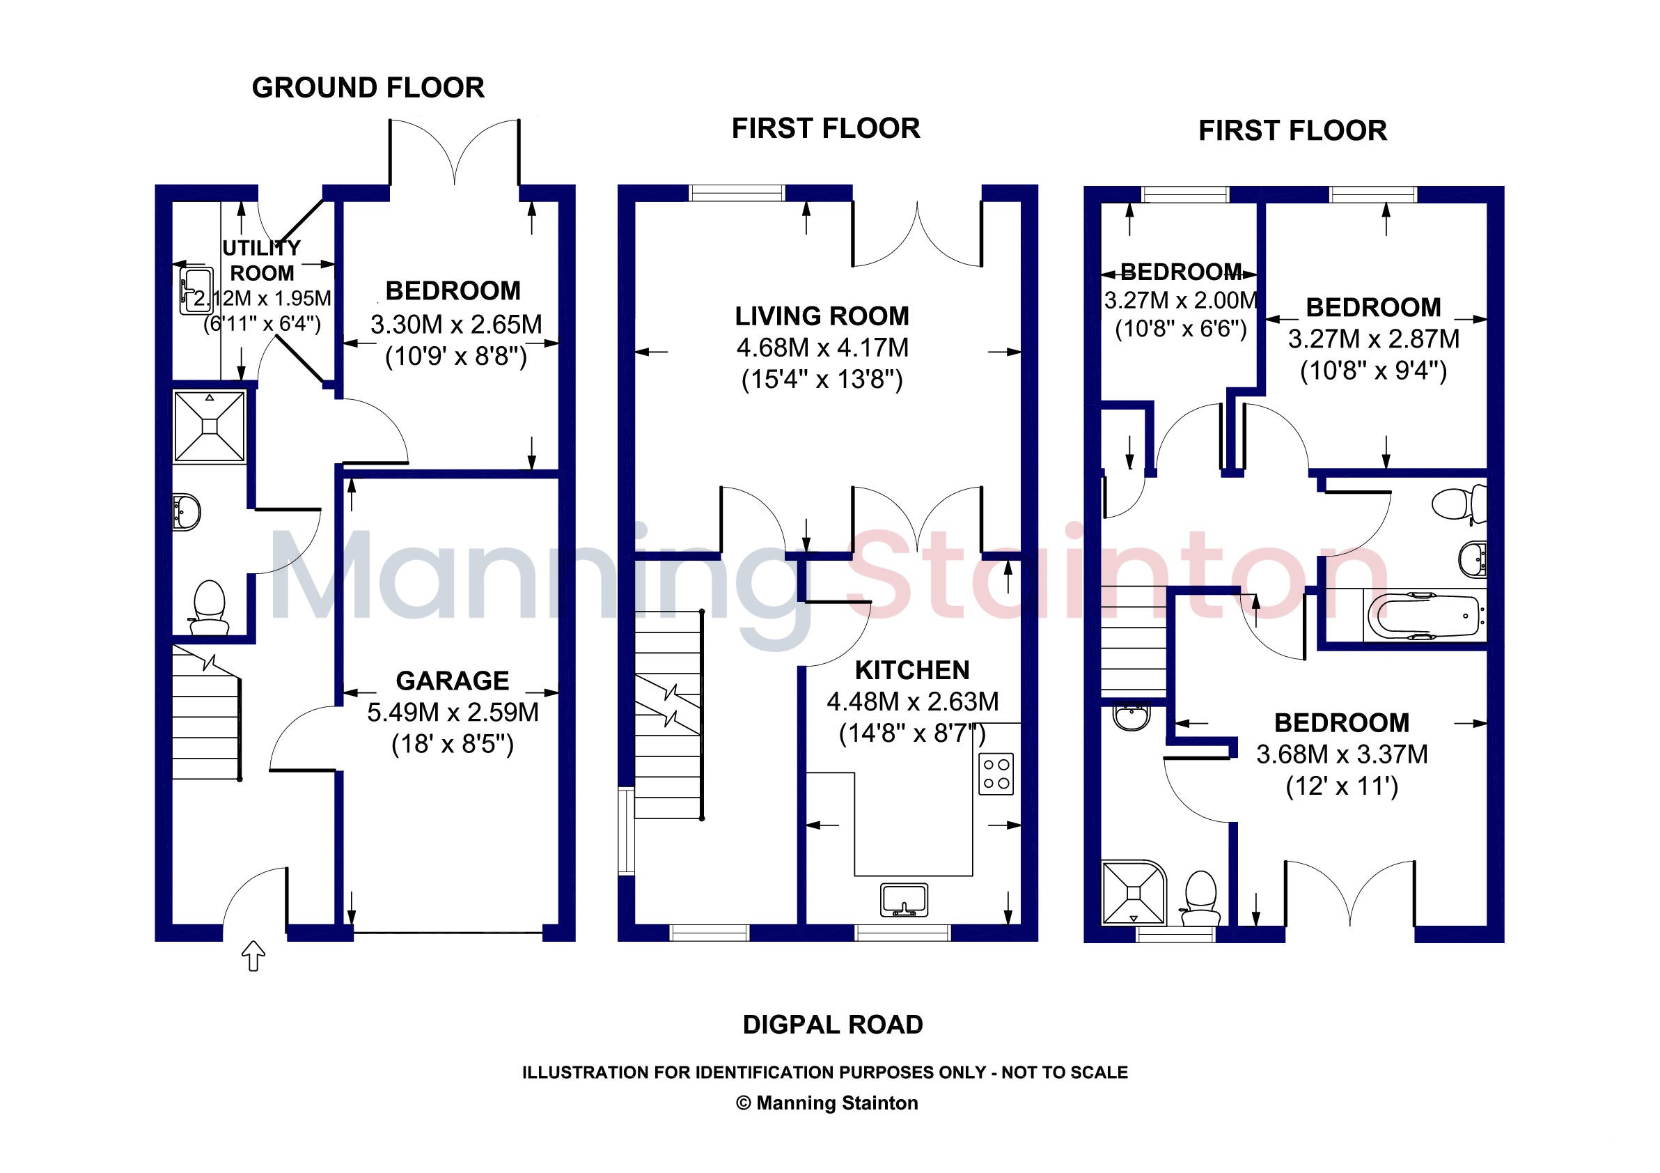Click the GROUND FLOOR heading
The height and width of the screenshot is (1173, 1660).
[368, 88]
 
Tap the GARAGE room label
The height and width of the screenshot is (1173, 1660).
[453, 681]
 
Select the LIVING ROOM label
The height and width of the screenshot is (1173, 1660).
[822, 316]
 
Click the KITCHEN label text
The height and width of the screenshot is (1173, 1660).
[912, 670]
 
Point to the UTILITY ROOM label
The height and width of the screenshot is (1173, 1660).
[262, 261]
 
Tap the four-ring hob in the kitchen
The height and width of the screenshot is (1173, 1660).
[996, 774]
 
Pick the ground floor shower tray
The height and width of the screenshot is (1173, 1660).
[210, 426]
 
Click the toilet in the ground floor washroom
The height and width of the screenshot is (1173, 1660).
[209, 608]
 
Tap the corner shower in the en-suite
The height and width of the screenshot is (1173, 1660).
[1134, 892]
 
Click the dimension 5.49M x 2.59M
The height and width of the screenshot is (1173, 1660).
[453, 713]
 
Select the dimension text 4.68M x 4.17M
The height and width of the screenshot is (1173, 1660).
[822, 348]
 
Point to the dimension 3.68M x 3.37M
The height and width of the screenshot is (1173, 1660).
[1342, 754]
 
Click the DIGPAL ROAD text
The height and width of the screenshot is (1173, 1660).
[833, 1025]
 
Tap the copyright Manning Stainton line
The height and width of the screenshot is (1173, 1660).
[827, 1103]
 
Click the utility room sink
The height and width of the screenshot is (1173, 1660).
[196, 290]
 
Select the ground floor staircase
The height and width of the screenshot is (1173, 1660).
[207, 713]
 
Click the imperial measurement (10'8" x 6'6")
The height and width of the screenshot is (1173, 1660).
[1181, 329]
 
